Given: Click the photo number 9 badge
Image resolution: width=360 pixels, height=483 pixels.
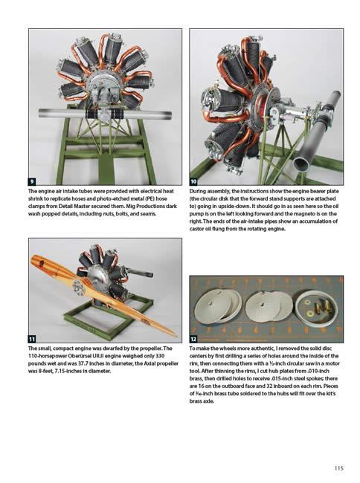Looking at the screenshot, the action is [x=32, y=181].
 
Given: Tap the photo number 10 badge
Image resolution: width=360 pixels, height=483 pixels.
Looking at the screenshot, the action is [x=193, y=181].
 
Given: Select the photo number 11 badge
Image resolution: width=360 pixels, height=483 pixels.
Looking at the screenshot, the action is [x=32, y=339].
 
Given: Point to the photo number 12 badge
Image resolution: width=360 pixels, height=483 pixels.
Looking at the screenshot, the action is [x=193, y=339].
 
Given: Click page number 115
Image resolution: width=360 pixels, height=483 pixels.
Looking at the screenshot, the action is [x=338, y=468].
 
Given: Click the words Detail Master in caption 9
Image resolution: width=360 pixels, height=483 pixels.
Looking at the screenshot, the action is [x=78, y=206].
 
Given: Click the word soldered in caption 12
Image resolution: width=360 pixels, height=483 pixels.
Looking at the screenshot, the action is [x=251, y=393].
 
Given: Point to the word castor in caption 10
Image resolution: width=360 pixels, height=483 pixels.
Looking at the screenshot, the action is [x=196, y=229].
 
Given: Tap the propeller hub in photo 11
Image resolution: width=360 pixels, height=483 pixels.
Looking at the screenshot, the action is [x=77, y=286].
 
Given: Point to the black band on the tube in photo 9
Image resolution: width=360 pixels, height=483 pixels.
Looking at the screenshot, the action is [x=104, y=114].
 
